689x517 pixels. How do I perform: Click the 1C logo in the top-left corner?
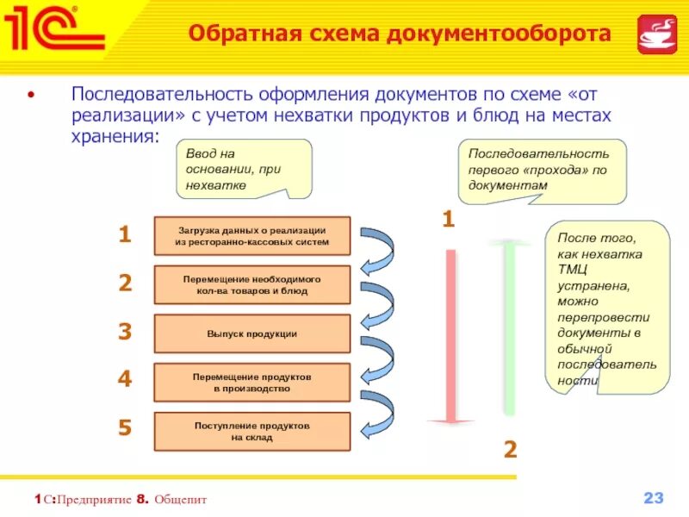tap(53, 31)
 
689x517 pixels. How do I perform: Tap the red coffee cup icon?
tap(656, 34)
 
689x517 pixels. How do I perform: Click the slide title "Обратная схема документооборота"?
tap(400, 34)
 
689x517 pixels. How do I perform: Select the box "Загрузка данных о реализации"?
tap(251, 236)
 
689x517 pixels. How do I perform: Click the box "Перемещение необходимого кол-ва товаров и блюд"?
tap(251, 285)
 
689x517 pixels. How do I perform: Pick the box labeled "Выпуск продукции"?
tap(251, 333)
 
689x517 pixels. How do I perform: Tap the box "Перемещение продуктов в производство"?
tap(251, 383)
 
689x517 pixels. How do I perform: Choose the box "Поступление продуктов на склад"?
tap(251, 432)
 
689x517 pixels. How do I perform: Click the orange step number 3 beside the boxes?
tap(125, 332)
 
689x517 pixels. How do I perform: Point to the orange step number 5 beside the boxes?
tap(125, 427)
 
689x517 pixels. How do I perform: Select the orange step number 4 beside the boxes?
tap(125, 379)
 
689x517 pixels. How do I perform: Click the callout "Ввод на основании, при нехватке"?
tap(244, 169)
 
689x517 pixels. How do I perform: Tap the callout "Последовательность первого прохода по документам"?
tap(540, 170)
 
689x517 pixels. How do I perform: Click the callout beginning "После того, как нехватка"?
tap(607, 307)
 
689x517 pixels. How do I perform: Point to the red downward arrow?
tap(450, 336)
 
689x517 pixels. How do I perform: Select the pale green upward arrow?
tap(511, 327)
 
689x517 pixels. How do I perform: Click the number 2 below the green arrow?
tap(510, 449)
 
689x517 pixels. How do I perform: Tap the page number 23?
tap(654, 498)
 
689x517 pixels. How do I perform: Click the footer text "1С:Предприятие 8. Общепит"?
tap(121, 500)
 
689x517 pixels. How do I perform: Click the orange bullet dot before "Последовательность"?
tap(33, 93)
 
